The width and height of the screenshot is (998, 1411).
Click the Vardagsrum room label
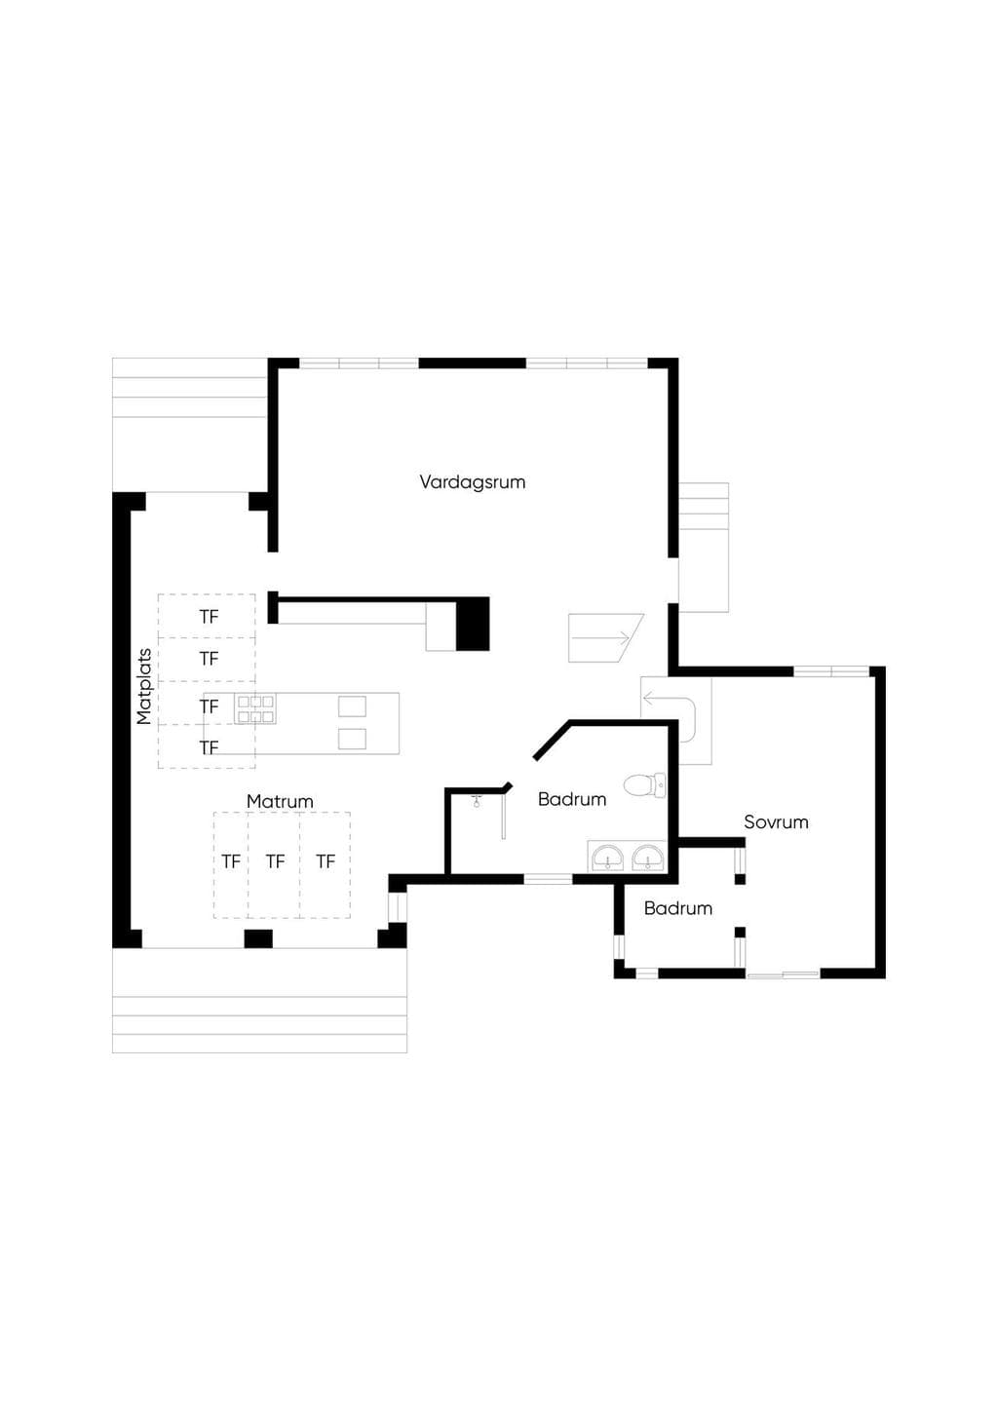tap(473, 482)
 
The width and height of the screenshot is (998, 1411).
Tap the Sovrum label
tap(776, 822)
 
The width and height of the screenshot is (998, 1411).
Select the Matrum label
tap(280, 802)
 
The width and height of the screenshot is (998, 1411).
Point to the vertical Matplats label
tap(144, 687)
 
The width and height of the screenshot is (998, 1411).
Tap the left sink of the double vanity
tap(607, 858)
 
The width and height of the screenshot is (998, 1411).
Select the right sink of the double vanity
tap(648, 858)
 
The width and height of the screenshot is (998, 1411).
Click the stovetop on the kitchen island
tap(255, 709)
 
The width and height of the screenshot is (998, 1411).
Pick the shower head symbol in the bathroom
tap(477, 801)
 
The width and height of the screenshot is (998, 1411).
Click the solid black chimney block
tap(473, 625)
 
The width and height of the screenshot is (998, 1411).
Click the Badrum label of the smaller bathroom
tap(678, 908)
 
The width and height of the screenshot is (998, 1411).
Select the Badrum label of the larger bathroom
tap(572, 799)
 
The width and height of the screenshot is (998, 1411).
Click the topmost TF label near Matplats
tap(209, 617)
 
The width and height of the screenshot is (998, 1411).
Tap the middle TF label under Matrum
tap(275, 861)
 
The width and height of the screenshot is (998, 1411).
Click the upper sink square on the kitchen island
tap(352, 706)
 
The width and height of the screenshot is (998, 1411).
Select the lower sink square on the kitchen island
tap(352, 739)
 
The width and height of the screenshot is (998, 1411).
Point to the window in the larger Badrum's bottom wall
tap(548, 879)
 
